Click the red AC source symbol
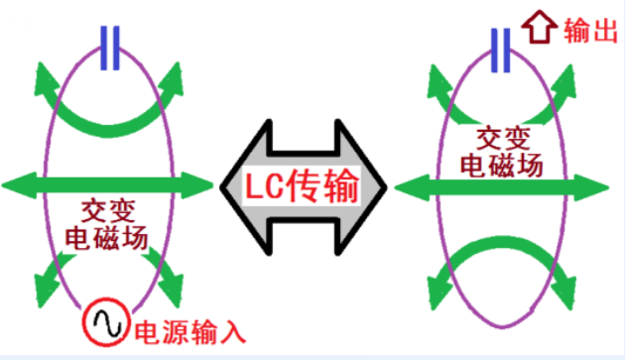(106, 321)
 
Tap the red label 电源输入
(190, 332)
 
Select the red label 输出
(590, 31)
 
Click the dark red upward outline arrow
(540, 27)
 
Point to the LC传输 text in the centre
(302, 185)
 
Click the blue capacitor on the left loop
(110, 48)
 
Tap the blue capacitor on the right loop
(501, 51)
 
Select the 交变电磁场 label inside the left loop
(106, 224)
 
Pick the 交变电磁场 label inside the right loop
(502, 152)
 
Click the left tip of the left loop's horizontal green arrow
(2, 185)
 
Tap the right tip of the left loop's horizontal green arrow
(213, 185)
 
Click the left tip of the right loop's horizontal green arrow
(395, 187)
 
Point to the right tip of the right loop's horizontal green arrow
(608, 187)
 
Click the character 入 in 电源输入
(233, 332)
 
